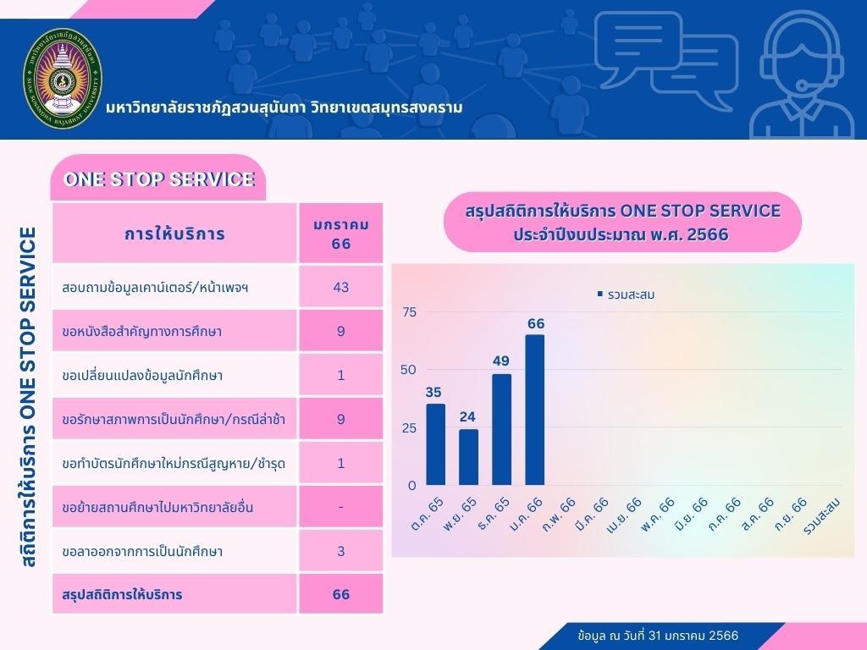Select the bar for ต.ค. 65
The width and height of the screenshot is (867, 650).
[435, 444]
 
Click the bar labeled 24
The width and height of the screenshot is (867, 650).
[468, 457]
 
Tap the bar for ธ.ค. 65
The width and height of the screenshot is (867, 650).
[502, 430]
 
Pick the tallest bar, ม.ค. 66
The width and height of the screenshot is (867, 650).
[535, 410]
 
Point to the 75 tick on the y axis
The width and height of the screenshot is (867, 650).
[409, 312]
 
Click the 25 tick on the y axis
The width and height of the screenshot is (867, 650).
[409, 428]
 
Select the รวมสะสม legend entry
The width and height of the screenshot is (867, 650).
[626, 295]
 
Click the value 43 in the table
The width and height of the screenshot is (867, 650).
[341, 287]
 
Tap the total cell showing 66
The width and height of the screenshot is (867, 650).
[341, 595]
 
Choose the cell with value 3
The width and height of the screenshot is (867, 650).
[341, 551]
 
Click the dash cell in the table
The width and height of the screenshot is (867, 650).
[341, 507]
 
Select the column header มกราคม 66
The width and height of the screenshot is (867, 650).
[341, 234]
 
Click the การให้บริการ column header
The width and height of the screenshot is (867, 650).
[174, 234]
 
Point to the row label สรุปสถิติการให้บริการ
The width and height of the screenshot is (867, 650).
[123, 595]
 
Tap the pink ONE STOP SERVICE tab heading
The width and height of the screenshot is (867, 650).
[159, 179]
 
